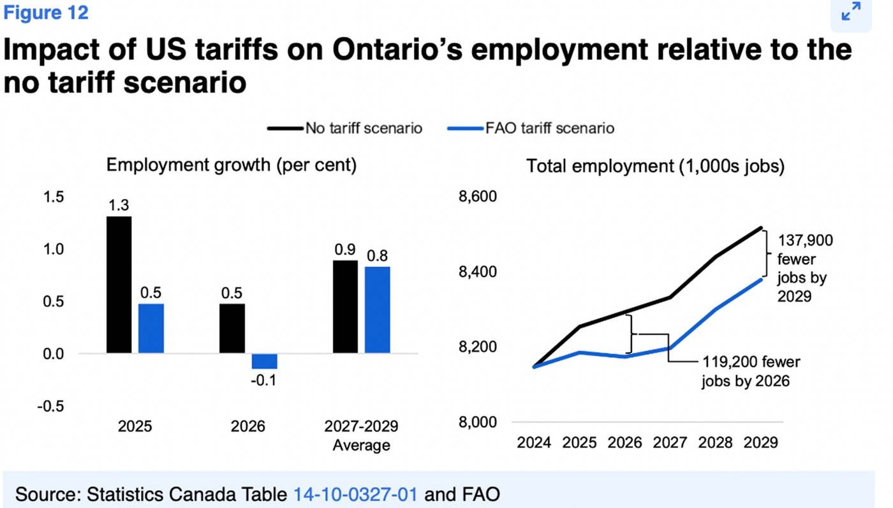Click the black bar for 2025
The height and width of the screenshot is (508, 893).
pyautogui.click(x=119, y=285)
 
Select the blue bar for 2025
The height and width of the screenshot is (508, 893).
pyautogui.click(x=151, y=328)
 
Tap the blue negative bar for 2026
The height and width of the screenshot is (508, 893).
pyautogui.click(x=264, y=361)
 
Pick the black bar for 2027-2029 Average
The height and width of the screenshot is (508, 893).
pyautogui.click(x=345, y=306)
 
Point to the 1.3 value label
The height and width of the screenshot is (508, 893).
pyautogui.click(x=119, y=205)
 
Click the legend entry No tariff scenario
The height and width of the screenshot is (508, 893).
pyautogui.click(x=344, y=128)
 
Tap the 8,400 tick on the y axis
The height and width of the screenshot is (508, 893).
pyautogui.click(x=478, y=272)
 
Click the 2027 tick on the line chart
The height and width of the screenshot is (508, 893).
pyautogui.click(x=670, y=442)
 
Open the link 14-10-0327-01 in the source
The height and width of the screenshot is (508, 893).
pyautogui.click(x=355, y=494)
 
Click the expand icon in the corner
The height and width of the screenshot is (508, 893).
pyautogui.click(x=850, y=11)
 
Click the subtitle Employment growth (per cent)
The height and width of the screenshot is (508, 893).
pyautogui.click(x=231, y=165)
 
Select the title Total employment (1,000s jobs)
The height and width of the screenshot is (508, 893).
pyautogui.click(x=655, y=167)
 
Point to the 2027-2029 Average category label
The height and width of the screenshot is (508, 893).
pyautogui.click(x=361, y=435)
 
